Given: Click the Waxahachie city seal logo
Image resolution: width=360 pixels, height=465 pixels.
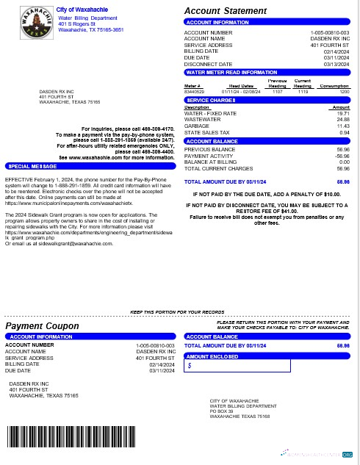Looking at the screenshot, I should click(31, 23).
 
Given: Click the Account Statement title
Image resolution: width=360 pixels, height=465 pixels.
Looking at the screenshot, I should click(225, 11).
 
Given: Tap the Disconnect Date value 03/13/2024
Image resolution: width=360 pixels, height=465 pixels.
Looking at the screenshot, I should click(336, 64).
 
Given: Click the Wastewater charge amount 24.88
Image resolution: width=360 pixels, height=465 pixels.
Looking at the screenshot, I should click(343, 120).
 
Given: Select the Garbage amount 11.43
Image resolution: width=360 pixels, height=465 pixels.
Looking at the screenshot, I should click(343, 126).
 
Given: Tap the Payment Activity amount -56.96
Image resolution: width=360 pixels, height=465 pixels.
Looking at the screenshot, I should click(342, 156).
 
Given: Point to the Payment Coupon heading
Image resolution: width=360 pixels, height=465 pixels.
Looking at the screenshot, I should click(42, 326).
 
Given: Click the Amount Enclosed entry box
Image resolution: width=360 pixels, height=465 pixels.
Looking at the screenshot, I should click(237, 365).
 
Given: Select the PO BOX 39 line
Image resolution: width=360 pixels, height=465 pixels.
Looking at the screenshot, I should click(221, 411).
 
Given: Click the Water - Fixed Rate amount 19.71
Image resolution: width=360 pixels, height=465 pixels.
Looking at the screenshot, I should click(343, 114).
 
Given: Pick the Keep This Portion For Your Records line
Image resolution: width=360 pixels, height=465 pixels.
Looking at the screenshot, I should click(177, 312).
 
